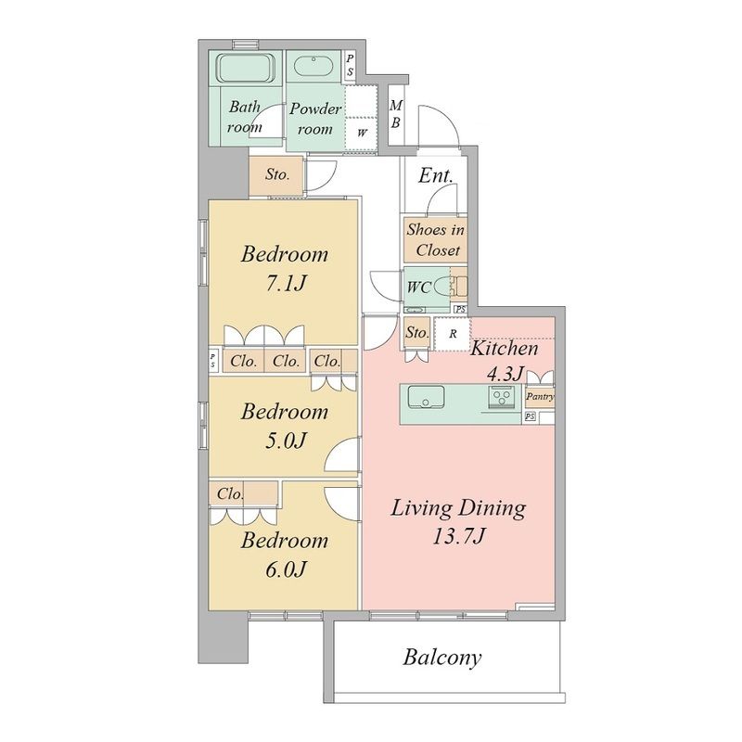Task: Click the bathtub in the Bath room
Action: point(246,68)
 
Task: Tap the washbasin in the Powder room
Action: point(313,67)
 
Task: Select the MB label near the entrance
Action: point(396,113)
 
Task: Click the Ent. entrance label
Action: point(436,175)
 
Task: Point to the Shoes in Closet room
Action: point(435,240)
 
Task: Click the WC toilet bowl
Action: point(441,288)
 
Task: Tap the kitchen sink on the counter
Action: point(426,397)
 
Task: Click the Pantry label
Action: point(540,397)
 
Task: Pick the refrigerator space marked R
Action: point(453,334)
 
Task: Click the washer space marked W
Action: point(362,133)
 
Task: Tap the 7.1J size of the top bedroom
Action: point(285,284)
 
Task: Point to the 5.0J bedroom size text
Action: point(286,441)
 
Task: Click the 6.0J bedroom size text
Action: point(286,569)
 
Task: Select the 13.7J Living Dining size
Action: point(458,537)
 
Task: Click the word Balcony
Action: point(442,658)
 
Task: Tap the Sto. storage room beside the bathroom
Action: point(276,174)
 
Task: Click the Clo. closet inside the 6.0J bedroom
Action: point(244,494)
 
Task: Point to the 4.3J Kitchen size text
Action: point(505,375)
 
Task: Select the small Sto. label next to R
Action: point(416,332)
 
